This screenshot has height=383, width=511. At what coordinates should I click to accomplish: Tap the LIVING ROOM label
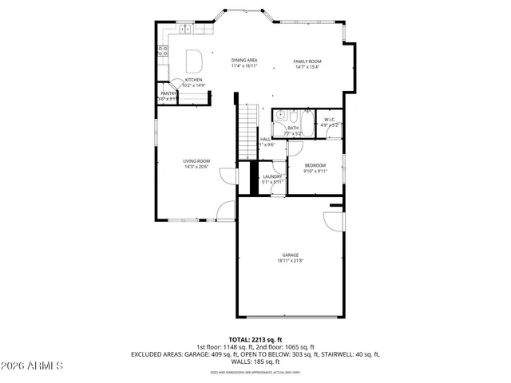pos(196,160)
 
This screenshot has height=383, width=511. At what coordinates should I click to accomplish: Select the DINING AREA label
pos(244,61)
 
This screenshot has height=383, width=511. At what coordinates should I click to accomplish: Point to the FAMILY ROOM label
pos(307,61)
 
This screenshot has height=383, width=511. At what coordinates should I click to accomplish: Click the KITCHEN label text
pos(193,80)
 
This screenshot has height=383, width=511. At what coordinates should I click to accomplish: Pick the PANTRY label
pos(168,93)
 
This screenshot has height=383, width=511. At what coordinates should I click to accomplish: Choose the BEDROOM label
pos(315,165)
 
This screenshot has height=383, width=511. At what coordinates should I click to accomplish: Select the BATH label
pos(293,128)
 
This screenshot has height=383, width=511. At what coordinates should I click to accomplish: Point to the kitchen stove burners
pos(163,51)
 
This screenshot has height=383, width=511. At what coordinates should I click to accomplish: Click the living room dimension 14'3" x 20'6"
pos(196,166)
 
